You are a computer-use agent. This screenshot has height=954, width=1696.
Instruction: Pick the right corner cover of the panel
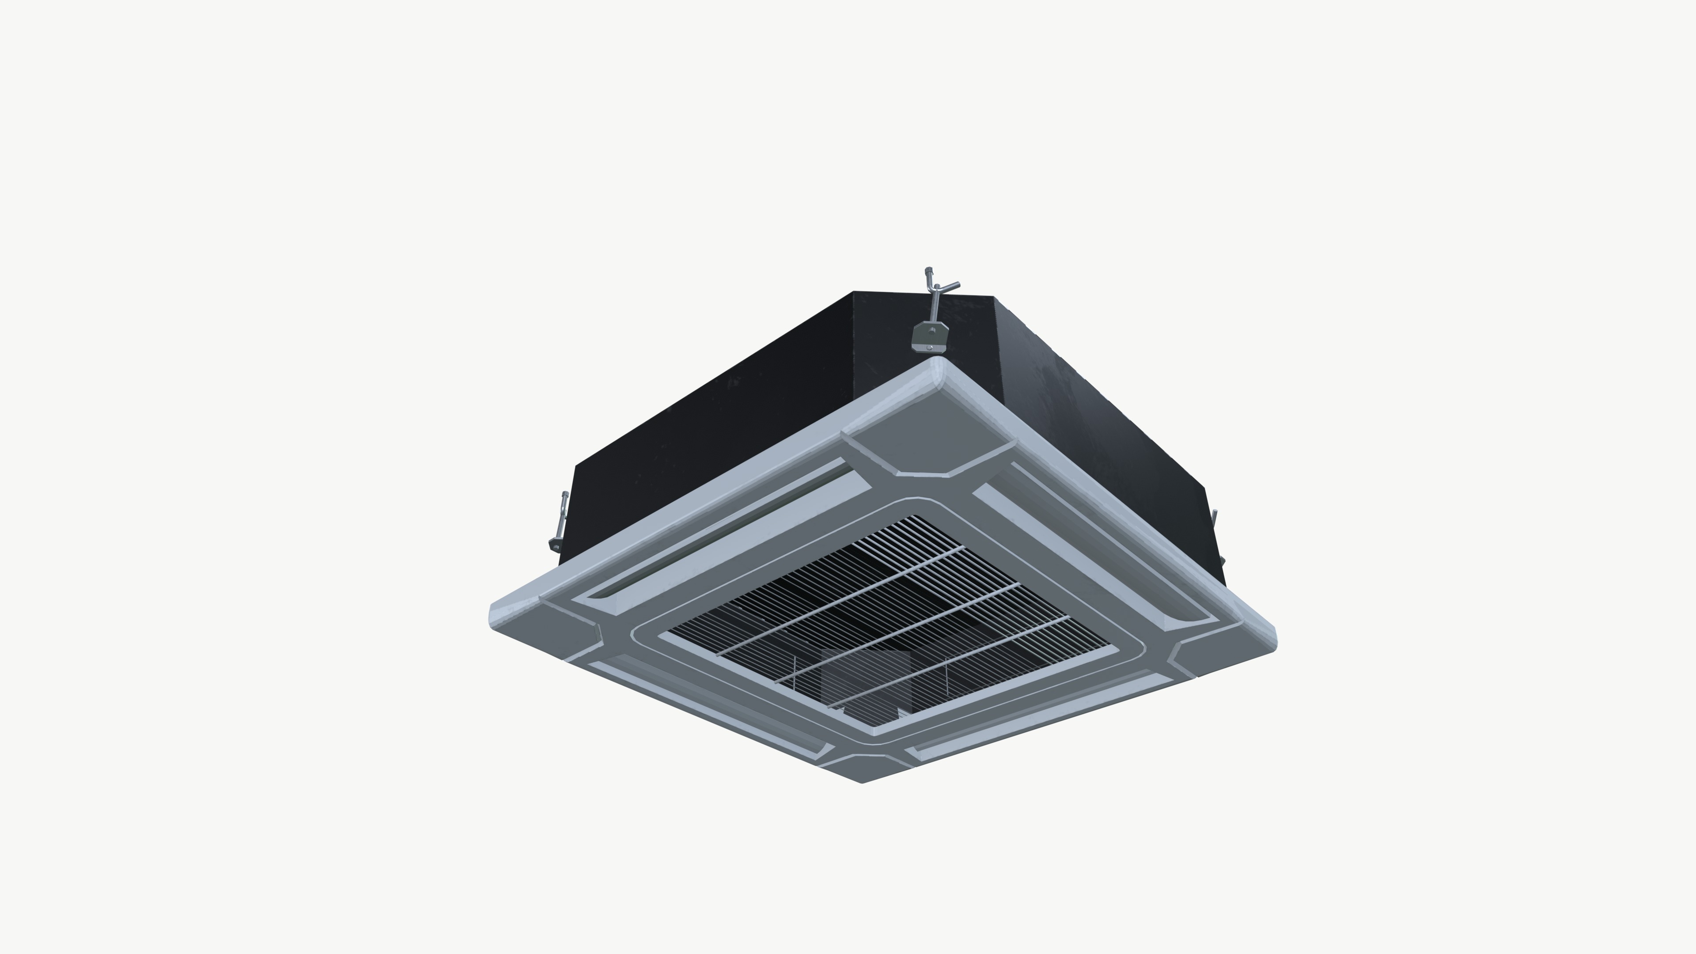coord(1218,648)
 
